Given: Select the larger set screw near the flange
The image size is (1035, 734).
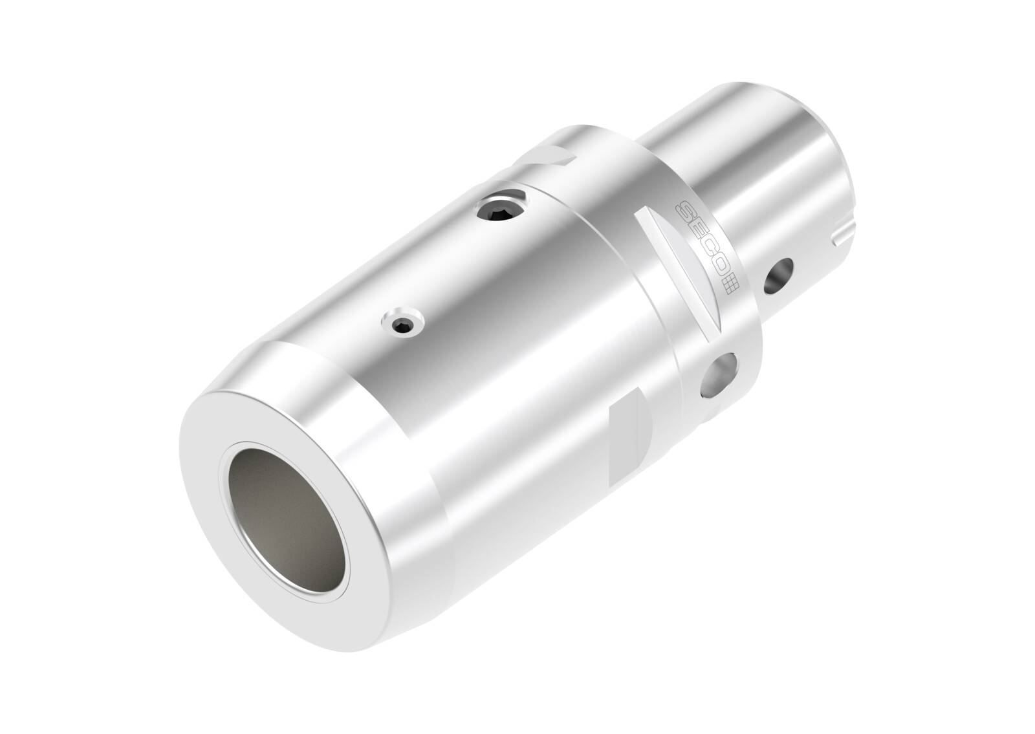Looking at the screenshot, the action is [x=501, y=209].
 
